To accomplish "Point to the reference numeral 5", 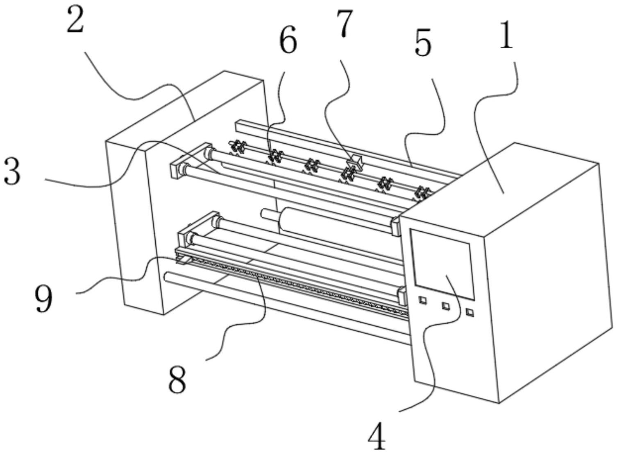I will pos(423,44).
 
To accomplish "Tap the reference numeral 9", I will pos(43,298).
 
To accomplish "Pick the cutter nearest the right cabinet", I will pos(422,192).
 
